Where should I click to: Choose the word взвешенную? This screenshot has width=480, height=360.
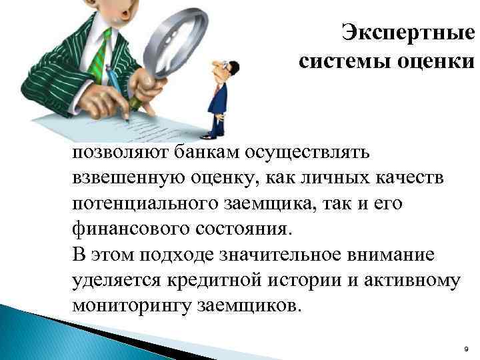click(x=126, y=178)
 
